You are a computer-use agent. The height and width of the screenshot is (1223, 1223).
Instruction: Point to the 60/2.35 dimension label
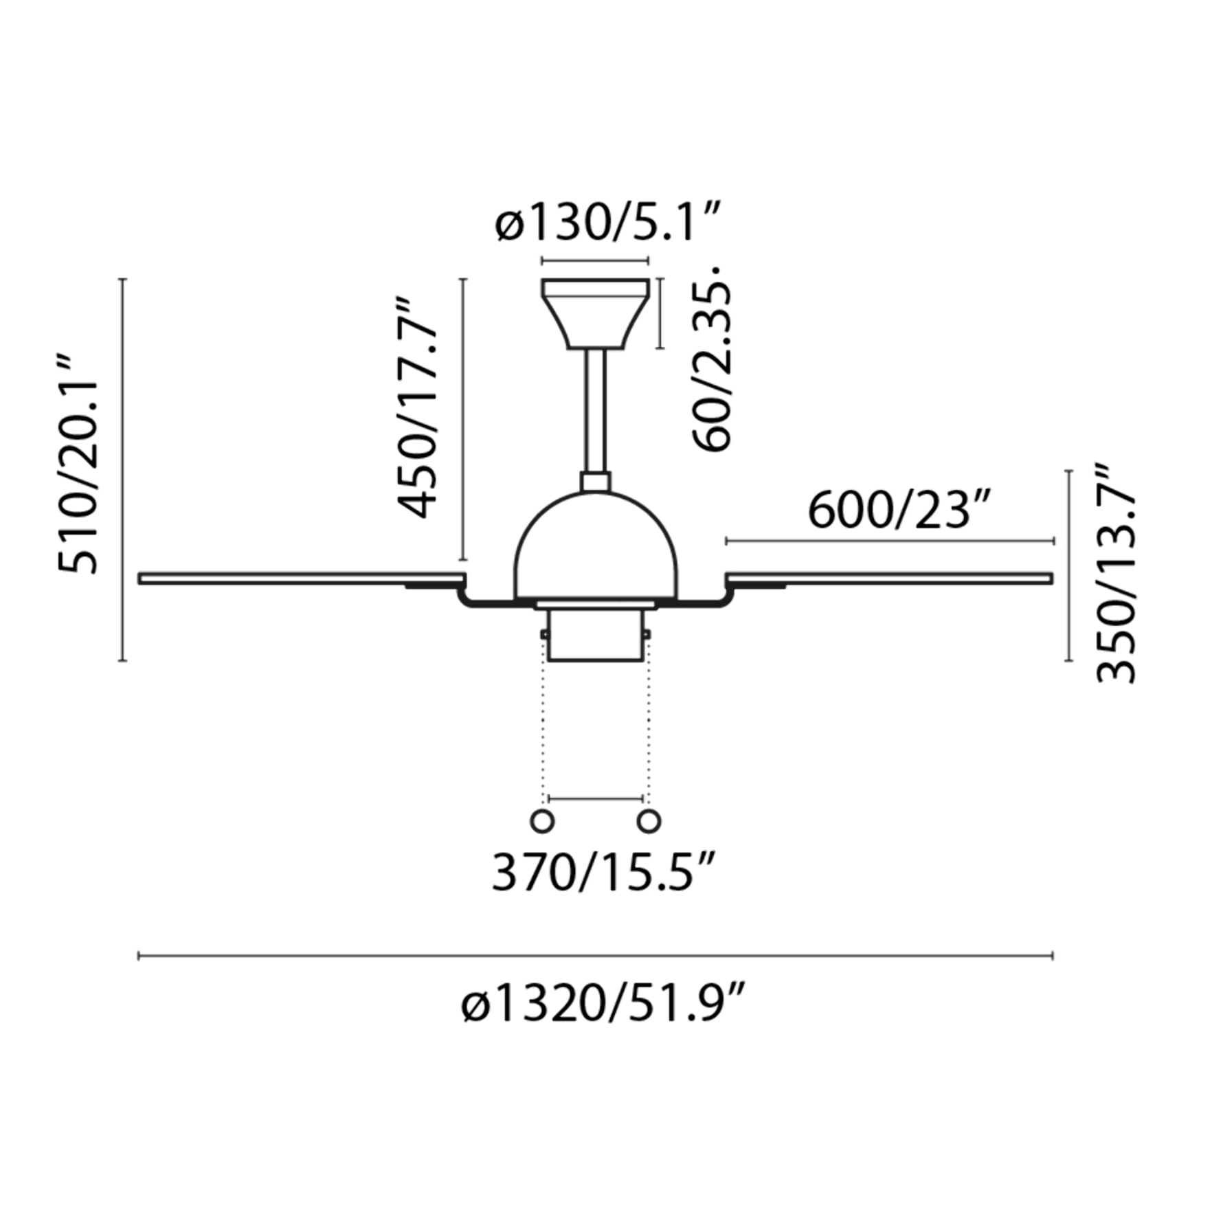coord(711,357)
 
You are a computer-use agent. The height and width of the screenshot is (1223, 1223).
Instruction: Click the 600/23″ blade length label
coord(900,512)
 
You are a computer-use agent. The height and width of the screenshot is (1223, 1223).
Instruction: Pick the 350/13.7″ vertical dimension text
coord(1115,574)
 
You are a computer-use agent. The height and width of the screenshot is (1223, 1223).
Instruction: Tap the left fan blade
coord(295,579)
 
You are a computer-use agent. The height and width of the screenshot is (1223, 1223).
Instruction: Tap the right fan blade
coord(893,578)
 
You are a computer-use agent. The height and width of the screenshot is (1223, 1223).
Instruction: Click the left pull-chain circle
coord(542,821)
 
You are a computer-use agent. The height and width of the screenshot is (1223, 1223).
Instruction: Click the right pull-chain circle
coord(649,821)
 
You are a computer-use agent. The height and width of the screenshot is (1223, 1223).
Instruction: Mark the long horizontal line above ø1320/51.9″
coord(595,956)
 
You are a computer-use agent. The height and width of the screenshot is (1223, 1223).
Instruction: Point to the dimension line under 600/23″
coord(890,541)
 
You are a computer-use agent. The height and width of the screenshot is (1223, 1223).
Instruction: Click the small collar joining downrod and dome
coord(595,482)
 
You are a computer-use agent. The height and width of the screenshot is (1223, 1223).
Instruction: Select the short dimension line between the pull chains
coord(596,799)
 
